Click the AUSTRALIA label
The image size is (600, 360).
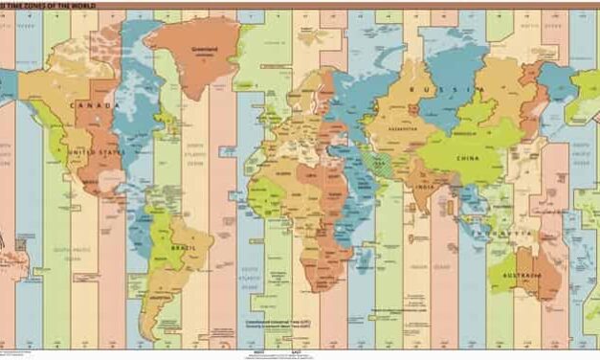click(529, 276)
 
